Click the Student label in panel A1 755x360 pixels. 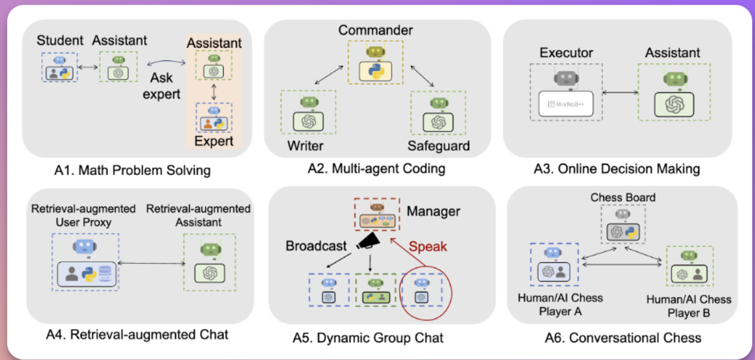coord(60,40)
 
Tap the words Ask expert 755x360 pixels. coord(161,86)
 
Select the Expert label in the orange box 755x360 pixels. coord(213,141)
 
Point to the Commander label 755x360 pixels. coord(375,30)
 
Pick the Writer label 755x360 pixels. coord(306,145)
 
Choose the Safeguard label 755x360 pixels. coord(438,145)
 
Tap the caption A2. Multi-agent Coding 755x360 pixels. coord(376,168)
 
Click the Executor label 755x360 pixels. coord(566,53)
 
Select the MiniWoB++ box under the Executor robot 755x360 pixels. coord(566,104)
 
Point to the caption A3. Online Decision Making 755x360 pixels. coord(617,168)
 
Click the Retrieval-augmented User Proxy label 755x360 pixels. coord(83,216)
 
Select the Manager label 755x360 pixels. coord(433,211)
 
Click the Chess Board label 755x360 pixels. coord(623,197)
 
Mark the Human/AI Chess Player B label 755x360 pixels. coord(689,307)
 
